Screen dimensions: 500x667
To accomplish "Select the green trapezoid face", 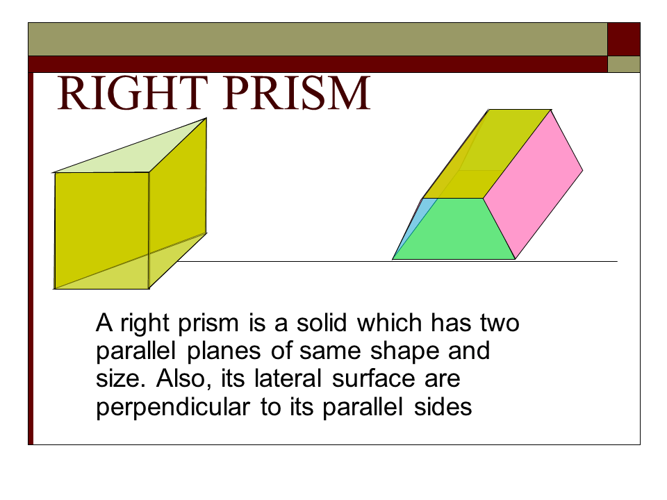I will [455, 229].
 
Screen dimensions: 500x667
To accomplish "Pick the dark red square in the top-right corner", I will [624, 39].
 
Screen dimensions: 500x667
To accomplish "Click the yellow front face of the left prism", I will [101, 229].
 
